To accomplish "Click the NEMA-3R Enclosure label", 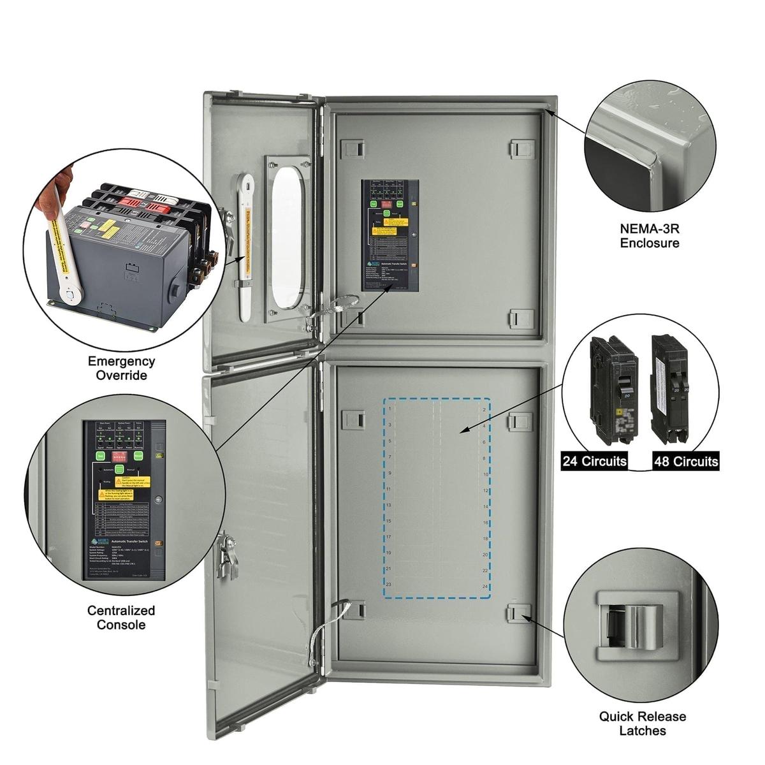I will coord(649,235).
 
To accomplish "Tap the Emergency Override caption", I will coord(121,368).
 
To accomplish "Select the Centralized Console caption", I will coord(121,617).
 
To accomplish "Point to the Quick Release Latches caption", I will coord(642,723).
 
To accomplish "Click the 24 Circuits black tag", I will coord(594,461).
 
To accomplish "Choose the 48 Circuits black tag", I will coord(685,461).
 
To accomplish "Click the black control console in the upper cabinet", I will coord(390,235).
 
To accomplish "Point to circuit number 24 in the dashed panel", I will coord(484,586).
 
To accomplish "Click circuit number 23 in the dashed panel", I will coord(388,584).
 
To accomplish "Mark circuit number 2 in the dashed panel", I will coord(484,409).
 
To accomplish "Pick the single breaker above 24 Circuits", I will coord(613,388).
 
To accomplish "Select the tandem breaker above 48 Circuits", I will coord(670,388).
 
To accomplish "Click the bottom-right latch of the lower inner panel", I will coord(519,612).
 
